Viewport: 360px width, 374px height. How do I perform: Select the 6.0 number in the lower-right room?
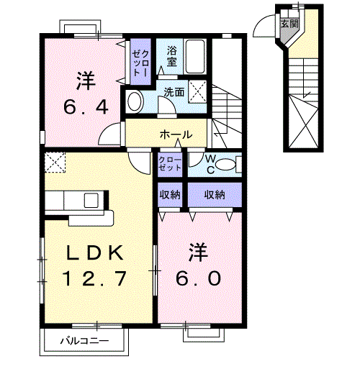pos(195,278)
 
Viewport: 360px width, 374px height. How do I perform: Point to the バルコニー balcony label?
pos(84,340)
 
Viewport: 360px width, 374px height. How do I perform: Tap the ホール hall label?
pos(175,134)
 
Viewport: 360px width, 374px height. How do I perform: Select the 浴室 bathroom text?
pos(172,56)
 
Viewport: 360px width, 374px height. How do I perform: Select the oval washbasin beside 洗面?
pos(134,101)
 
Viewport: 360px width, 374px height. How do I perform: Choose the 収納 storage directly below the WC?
pos(214,194)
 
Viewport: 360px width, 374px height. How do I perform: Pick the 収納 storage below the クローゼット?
pos(171,194)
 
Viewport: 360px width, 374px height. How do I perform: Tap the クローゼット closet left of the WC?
pos(171,163)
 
